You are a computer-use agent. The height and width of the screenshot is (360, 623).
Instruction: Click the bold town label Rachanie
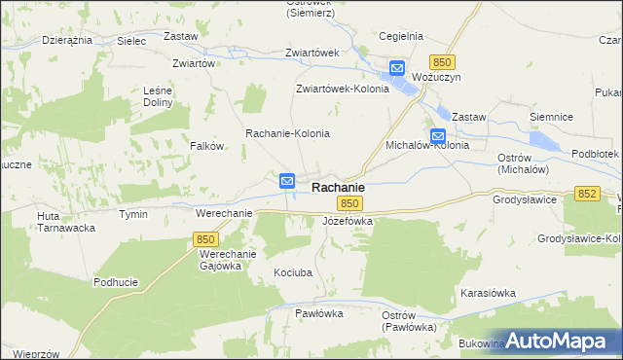point(338,186)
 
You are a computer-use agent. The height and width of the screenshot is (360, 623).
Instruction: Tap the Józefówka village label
point(348,222)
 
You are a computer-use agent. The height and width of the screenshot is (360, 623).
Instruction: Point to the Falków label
point(207,146)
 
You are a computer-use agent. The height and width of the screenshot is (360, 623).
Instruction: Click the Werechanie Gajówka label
point(227,260)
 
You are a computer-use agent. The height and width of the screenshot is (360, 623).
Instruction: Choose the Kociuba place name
point(293,273)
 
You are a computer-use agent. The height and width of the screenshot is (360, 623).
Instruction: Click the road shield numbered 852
point(586,195)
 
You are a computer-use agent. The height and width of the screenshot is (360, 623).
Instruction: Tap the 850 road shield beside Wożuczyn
point(443,61)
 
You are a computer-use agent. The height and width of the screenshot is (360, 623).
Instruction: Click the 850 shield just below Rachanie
point(350,203)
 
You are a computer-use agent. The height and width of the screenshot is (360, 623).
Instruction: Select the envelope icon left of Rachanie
point(287,181)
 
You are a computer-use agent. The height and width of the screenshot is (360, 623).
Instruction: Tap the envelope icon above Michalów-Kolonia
point(438,136)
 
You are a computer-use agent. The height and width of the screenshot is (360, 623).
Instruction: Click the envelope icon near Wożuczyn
point(397,68)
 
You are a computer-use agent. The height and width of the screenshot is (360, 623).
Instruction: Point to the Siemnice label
point(550,116)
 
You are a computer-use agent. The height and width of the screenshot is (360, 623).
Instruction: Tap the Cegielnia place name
point(401,36)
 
